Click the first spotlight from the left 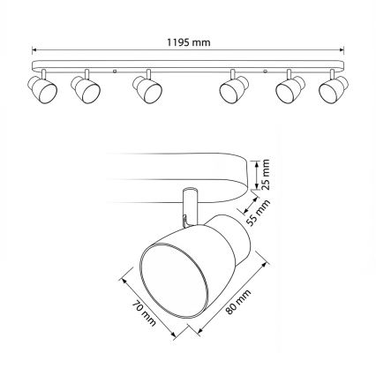[x=41, y=89]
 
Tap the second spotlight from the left [x=84, y=89]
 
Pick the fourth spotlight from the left [x=234, y=89]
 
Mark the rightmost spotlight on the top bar [x=333, y=89]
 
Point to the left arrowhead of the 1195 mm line [x=35, y=49]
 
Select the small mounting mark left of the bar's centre [x=116, y=67]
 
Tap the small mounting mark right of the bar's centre [x=266, y=67]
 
